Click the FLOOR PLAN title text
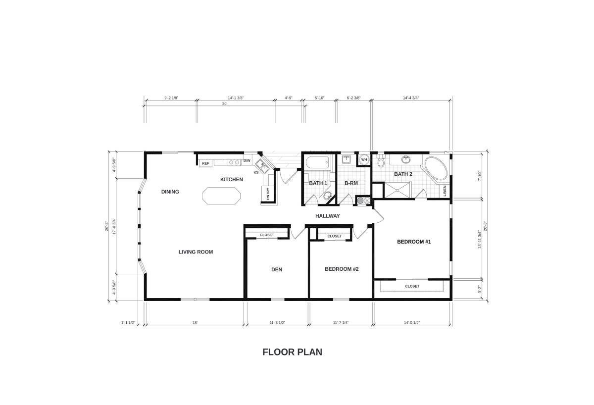point(292,352)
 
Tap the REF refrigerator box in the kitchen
point(205,163)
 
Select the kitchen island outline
point(222,195)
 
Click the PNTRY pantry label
point(268,194)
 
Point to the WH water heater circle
point(364,159)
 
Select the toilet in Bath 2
point(381,162)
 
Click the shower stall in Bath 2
point(397,189)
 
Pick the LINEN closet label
point(445,191)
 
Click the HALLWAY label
point(328,216)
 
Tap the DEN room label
point(276,270)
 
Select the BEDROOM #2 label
point(341,269)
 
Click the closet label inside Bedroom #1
point(412,286)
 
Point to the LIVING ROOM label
point(196,252)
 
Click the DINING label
point(170,192)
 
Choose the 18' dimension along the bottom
point(195,323)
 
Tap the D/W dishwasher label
point(247,161)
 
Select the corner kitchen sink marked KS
point(262,167)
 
